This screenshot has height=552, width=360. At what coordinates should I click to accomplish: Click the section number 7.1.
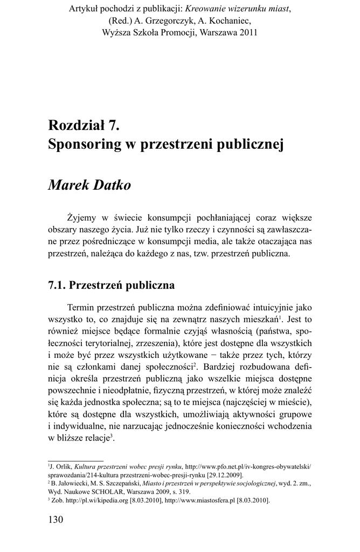58,284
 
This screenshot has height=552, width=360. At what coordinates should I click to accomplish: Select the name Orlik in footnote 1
63,466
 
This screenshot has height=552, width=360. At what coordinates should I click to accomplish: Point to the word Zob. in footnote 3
57,500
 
